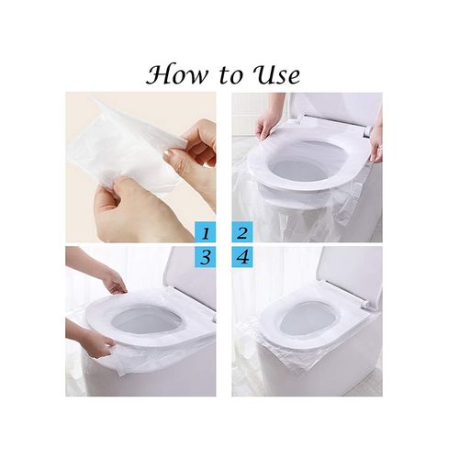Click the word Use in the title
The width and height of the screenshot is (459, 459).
pyautogui.click(x=275, y=73)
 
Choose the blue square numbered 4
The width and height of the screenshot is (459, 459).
pyautogui.click(x=243, y=259)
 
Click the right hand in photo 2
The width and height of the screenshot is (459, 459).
pyautogui.click(x=375, y=142)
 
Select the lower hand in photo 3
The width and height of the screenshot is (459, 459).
pyautogui.click(x=92, y=341)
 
